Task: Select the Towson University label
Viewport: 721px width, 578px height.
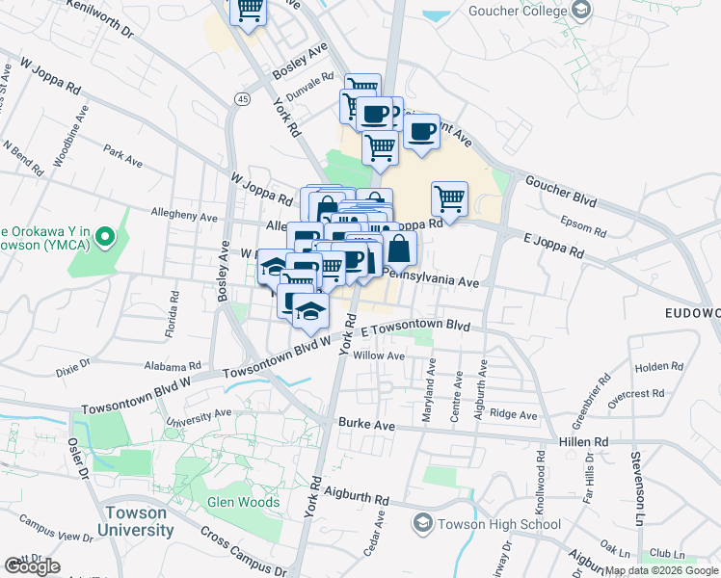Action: tap(141, 521)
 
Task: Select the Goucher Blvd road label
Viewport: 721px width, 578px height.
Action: tap(559, 185)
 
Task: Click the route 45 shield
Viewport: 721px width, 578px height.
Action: tap(241, 98)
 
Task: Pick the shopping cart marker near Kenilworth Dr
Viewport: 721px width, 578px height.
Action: tap(249, 10)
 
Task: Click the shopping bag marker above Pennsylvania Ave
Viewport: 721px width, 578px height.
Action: tap(400, 248)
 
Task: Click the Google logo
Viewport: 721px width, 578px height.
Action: tap(32, 566)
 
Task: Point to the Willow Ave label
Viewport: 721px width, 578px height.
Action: tap(379, 355)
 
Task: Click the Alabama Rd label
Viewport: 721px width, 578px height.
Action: tap(174, 367)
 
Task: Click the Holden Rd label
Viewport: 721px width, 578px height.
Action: tap(658, 367)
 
